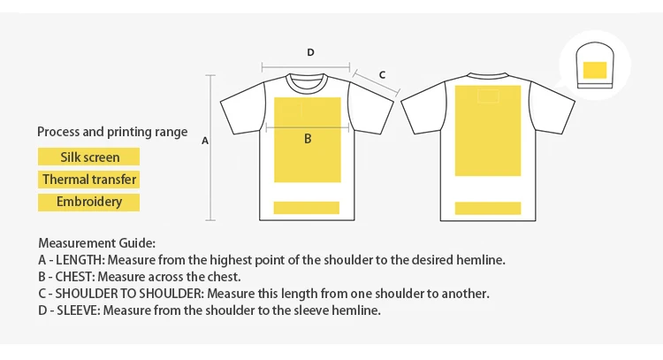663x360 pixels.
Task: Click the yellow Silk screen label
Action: [89, 157]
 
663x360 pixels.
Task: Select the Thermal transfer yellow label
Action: [89, 180]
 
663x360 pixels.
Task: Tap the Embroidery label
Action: [89, 202]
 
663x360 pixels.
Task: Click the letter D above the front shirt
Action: [310, 53]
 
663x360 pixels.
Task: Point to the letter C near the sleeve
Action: [382, 74]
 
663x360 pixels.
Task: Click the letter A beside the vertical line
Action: [205, 140]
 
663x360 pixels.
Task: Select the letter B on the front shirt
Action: [308, 138]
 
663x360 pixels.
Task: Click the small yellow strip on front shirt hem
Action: [307, 208]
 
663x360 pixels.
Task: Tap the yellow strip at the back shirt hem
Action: [487, 208]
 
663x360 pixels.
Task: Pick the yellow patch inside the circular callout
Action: [594, 70]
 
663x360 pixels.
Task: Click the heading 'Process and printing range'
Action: [112, 132]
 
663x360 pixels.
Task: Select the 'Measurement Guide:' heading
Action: [97, 243]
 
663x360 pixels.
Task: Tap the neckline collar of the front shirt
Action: [307, 78]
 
